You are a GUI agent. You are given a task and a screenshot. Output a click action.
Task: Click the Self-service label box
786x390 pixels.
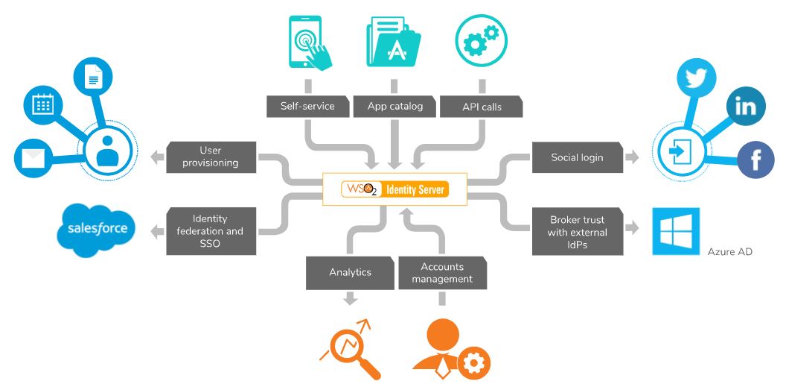pyautogui.click(x=307, y=106)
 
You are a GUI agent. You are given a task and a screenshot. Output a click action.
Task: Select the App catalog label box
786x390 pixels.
pyautogui.click(x=394, y=106)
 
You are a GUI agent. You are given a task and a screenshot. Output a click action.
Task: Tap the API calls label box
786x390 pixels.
pyautogui.click(x=482, y=107)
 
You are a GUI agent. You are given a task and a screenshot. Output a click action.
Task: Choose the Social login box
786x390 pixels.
pyautogui.click(x=577, y=157)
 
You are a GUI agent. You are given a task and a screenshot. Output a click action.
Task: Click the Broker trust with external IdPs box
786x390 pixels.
pyautogui.click(x=577, y=231)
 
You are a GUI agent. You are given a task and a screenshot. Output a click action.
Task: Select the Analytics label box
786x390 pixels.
pyautogui.click(x=350, y=272)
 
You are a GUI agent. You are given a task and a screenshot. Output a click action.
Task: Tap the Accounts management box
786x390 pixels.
pyautogui.click(x=442, y=273)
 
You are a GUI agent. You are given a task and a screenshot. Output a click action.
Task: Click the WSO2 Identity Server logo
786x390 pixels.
pyautogui.click(x=395, y=189)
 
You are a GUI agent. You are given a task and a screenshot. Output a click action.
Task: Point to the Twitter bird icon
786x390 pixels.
pyautogui.click(x=695, y=78)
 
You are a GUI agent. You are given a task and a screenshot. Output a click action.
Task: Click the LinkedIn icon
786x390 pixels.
pyautogui.click(x=745, y=106)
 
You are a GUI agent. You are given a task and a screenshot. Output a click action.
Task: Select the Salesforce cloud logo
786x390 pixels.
pyautogui.click(x=97, y=229)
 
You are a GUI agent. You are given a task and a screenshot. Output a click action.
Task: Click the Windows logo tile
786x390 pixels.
pyautogui.click(x=676, y=231)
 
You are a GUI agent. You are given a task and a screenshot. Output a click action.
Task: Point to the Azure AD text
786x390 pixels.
pyautogui.click(x=729, y=252)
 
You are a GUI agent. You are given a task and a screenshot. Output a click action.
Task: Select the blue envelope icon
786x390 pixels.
pyautogui.click(x=33, y=157)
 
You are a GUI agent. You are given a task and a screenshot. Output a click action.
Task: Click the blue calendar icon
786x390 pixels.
pyautogui.click(x=42, y=105)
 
